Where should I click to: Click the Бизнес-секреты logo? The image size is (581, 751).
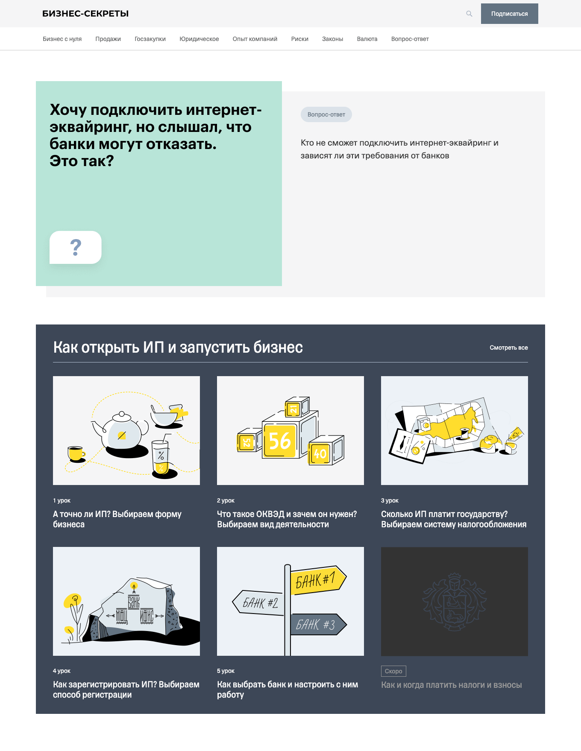[x=85, y=14]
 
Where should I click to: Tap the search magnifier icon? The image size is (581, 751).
[x=469, y=14]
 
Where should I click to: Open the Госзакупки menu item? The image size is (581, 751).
[x=150, y=39]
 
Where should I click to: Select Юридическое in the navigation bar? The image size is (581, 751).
[x=199, y=39]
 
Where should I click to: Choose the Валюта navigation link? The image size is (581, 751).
[x=367, y=39]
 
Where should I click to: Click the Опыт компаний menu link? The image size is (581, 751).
[x=255, y=39]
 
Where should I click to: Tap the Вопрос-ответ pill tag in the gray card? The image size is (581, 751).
[x=326, y=114]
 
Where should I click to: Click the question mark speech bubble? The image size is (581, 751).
[x=76, y=247]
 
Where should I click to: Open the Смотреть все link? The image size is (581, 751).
[x=509, y=348]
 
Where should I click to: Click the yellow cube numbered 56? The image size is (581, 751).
[x=280, y=441]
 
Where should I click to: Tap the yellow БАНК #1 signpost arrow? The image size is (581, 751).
[x=318, y=580]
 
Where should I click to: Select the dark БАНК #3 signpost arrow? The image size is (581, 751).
[x=318, y=625]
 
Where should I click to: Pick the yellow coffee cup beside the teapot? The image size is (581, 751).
[x=76, y=453]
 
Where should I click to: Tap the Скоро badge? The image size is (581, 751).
[x=393, y=671]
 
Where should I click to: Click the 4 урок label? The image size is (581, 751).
[x=62, y=671]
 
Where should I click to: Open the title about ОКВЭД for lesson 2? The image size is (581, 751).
[x=287, y=519]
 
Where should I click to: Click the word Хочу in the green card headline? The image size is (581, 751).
[x=68, y=110]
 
